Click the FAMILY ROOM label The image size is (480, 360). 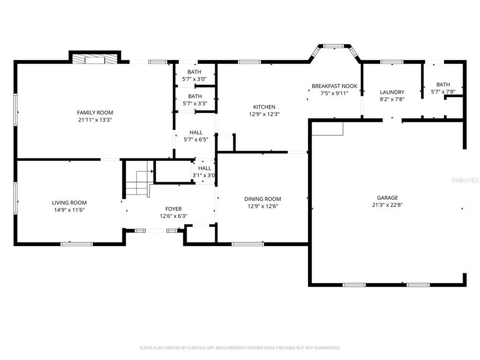tap(95, 112)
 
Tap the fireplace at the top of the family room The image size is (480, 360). tap(95, 58)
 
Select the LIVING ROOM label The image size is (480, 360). tap(69, 202)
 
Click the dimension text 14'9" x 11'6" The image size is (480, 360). tap(69, 210)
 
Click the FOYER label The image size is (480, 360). tap(173, 209)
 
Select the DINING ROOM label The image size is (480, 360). tap(262, 199)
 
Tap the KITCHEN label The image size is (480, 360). tap(264, 107)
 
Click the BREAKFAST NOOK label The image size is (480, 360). tap(334, 86)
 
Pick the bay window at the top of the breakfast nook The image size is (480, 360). tap(334, 46)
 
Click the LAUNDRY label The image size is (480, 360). tap(392, 92)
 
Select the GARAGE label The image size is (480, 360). tap(387, 198)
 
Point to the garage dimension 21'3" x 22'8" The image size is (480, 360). tap(387, 205)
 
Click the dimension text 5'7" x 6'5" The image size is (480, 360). tap(195, 139)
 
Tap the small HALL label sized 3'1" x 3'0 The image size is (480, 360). tap(204, 168)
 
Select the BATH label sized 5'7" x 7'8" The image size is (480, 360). tap(442, 84)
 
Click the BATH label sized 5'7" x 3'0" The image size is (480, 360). tap(195, 72)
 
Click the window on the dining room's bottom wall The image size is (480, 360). tap(247, 244)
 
